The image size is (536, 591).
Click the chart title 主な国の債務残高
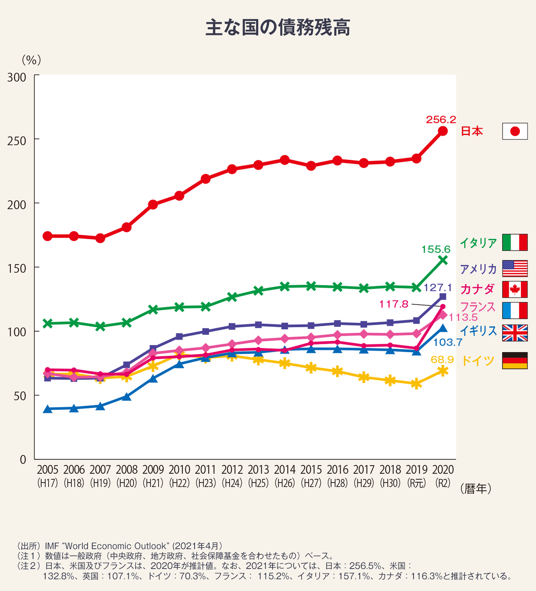coord(277,28)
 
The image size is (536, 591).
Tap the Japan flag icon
coord(515,131)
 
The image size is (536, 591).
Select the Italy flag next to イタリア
coord(515,242)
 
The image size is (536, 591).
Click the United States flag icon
coord(515,269)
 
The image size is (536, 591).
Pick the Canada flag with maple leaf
coord(515,289)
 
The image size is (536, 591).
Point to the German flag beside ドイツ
coord(515,360)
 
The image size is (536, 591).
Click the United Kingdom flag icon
coord(515,333)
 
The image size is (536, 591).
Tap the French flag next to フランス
coord(515,310)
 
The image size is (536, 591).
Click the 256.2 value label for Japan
coord(441,120)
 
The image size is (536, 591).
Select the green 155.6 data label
coord(436,250)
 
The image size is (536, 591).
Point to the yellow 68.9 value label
coord(442,359)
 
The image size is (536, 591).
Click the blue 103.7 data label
coord(448,343)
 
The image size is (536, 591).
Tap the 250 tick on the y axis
coord(17,140)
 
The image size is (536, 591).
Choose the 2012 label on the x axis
coord(232,470)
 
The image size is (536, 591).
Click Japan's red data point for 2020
coord(443,131)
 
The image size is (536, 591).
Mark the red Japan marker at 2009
coord(153,204)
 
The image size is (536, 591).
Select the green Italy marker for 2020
coord(443,260)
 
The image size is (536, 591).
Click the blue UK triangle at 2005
coord(48,409)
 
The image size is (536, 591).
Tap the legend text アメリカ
coord(478,269)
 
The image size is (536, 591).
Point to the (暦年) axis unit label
coord(475,489)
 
